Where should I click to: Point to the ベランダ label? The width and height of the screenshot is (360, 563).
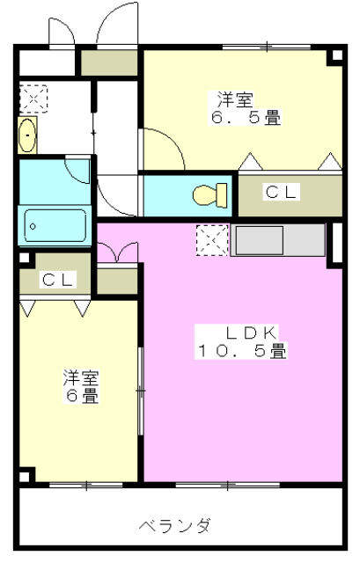click(x=174, y=527)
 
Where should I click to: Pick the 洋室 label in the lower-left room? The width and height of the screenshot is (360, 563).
click(x=80, y=379)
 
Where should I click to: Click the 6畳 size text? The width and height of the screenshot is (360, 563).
click(x=80, y=397)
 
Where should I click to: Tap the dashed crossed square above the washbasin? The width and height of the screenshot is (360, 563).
click(x=32, y=99)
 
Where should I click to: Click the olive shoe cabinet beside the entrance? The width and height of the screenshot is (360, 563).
click(x=110, y=62)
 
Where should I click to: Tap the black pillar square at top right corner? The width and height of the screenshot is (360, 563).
click(x=335, y=57)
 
